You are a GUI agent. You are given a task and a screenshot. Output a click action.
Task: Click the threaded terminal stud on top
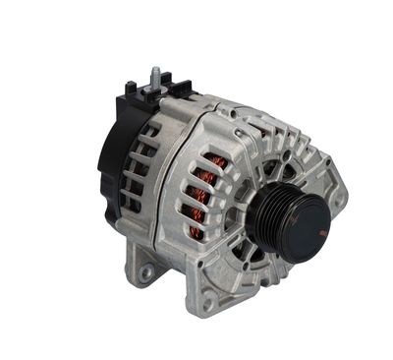coord(156,77)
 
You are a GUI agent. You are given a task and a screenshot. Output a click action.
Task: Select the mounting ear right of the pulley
coord(338,195)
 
